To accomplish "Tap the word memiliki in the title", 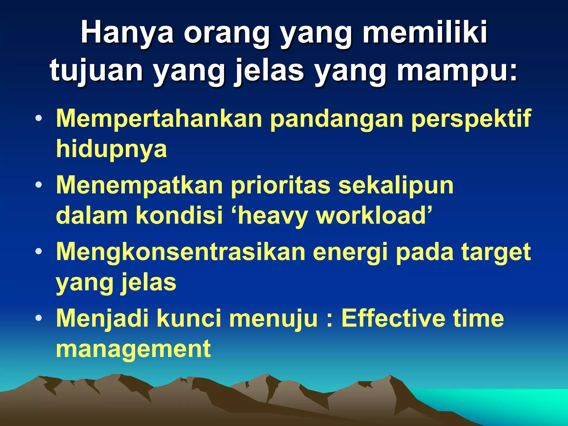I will click(x=425, y=32).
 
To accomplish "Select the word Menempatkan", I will click(x=140, y=185).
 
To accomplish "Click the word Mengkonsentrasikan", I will click(x=181, y=252).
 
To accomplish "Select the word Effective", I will click(x=393, y=318).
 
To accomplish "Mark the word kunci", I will click(x=189, y=318).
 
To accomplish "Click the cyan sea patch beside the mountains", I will click(x=513, y=405).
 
